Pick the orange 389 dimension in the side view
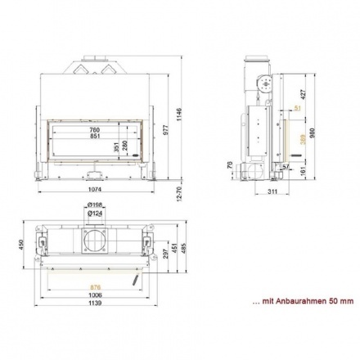pos(303,140)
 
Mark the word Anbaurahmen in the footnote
pos(302,302)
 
